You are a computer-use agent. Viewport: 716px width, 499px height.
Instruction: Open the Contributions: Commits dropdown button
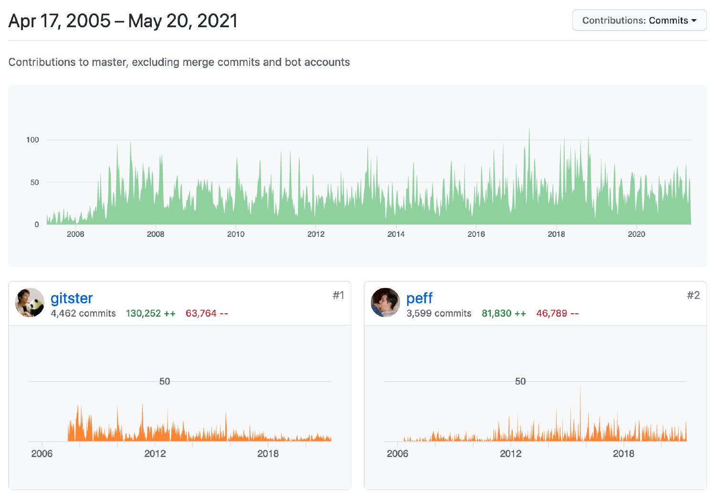point(639,21)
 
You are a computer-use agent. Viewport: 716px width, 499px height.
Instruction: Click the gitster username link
point(72,298)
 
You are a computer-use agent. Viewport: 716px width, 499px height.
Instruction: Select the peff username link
point(419,298)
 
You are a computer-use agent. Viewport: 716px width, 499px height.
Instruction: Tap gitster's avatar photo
point(30,302)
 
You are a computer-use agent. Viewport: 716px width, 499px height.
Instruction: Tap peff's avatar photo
point(385,302)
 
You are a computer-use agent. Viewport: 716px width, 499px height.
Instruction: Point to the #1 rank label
point(338,295)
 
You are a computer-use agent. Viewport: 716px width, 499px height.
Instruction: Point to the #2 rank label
point(693,295)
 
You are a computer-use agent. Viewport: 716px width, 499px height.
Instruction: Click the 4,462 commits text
point(83,313)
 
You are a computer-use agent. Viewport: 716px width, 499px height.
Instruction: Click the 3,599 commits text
point(439,313)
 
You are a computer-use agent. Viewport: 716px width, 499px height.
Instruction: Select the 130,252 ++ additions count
point(151,313)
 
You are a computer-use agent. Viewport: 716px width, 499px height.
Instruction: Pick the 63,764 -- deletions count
point(207,313)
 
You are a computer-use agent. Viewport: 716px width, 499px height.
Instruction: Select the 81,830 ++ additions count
point(504,313)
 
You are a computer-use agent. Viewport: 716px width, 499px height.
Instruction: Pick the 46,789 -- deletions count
point(557,313)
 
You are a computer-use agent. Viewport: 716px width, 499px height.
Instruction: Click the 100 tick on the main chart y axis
point(32,140)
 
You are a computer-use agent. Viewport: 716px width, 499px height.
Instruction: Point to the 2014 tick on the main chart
point(396,234)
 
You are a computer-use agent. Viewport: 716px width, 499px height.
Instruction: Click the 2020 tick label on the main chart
point(636,234)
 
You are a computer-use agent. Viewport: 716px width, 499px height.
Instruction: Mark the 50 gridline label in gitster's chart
point(164,381)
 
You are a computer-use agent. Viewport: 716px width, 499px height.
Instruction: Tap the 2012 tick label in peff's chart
point(510,454)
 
